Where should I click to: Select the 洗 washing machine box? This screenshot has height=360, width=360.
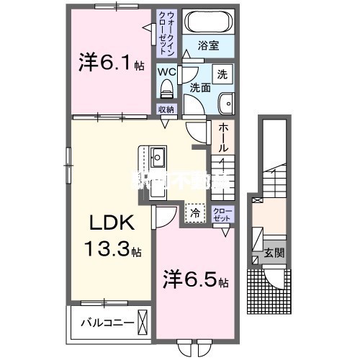coord(223,74)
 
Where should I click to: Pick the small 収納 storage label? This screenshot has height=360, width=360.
coord(166,109)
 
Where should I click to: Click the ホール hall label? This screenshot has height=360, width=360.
coord(222,136)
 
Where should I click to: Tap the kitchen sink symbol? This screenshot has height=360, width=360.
coord(158,155)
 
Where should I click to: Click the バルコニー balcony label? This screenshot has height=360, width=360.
coord(106,322)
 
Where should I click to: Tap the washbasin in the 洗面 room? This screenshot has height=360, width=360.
coord(225,102)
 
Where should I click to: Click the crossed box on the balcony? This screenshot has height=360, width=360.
coord(144,321)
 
